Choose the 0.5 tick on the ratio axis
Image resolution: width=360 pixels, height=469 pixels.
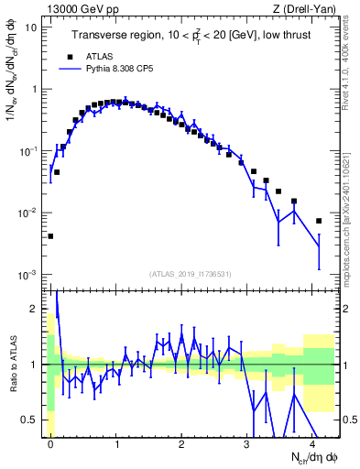coord(32,420)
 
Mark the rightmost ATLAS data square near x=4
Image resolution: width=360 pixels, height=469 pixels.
coord(319,221)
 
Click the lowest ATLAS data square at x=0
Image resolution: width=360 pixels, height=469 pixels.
coord(50,236)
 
